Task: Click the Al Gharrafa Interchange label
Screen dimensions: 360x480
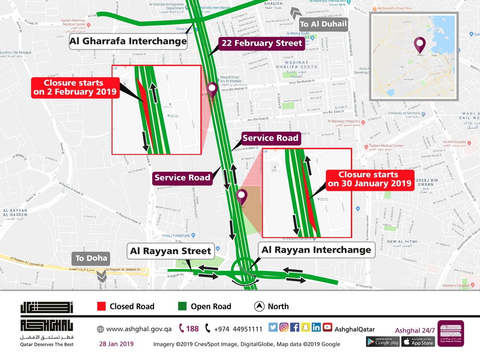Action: tap(128, 41)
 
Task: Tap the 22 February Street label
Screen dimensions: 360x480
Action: tap(261, 43)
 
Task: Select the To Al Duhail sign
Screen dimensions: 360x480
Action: tap(323, 24)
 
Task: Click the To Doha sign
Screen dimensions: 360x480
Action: tap(91, 258)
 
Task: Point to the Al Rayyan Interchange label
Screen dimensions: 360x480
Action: tap(316, 250)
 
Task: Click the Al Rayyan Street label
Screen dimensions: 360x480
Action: tap(171, 251)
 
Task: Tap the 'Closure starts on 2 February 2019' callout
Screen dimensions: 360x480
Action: tap(75, 87)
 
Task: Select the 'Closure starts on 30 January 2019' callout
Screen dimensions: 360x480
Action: tap(370, 179)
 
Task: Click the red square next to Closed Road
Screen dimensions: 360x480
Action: tap(101, 306)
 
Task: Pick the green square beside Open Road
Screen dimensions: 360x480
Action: tap(182, 306)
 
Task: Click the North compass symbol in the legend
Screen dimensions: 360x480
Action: tap(259, 306)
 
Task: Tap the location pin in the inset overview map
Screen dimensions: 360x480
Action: tap(420, 45)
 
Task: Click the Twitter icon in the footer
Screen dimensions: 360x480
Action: tap(273, 327)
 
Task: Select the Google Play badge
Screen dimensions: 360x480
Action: tap(382, 342)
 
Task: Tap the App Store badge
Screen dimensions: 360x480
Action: tap(418, 342)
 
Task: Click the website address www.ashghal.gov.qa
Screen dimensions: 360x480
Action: tap(138, 329)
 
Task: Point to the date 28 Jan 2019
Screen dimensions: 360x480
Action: tap(116, 344)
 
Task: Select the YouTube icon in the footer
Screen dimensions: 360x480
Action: tap(327, 327)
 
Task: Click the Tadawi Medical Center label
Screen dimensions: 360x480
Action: tap(386, 145)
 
